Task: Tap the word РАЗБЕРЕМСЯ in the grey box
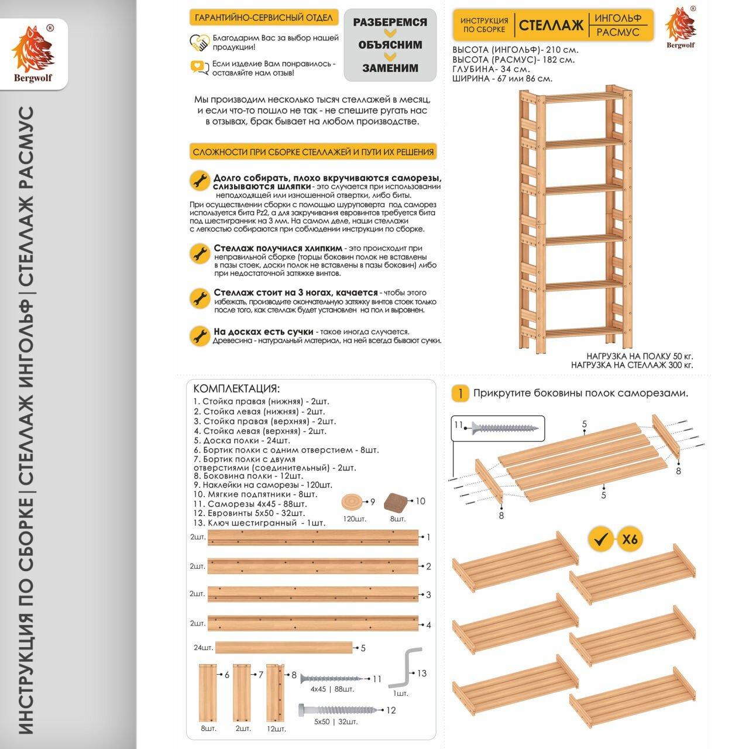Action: [x=390, y=22]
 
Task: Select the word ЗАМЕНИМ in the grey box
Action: [x=390, y=68]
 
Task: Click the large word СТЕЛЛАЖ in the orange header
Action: [x=551, y=25]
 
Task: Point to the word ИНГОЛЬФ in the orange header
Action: [x=618, y=19]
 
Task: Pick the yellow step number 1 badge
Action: [x=460, y=393]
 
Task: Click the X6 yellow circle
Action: [x=630, y=538]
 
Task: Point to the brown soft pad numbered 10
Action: [x=396, y=502]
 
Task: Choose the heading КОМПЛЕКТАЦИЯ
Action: [x=236, y=389]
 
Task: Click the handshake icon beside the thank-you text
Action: [x=200, y=43]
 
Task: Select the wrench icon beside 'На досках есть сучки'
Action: [x=200, y=336]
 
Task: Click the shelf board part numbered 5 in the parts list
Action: [x=284, y=647]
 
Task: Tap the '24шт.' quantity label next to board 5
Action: [x=203, y=648]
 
